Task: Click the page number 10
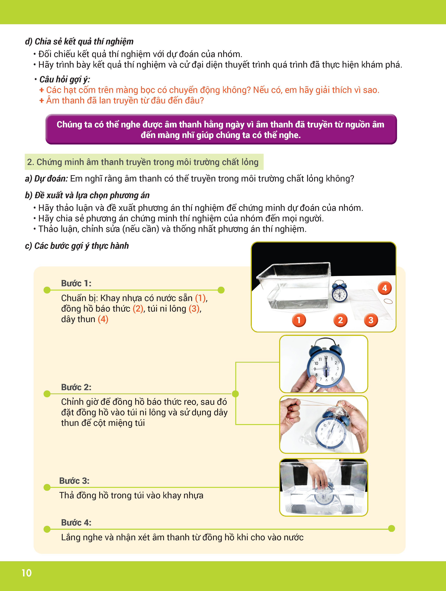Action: [27, 573]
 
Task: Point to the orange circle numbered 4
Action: [385, 288]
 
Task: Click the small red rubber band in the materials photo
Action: [388, 301]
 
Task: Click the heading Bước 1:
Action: [76, 283]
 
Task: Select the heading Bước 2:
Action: [76, 387]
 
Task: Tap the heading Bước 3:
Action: [74, 481]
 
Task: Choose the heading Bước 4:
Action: [76, 522]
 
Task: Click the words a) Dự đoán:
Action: [47, 179]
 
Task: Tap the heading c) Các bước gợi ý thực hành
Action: [77, 246]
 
